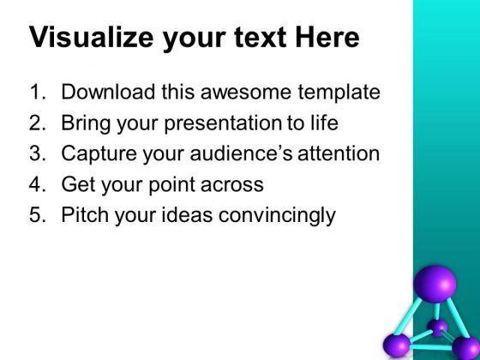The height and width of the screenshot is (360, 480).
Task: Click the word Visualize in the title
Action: tap(91, 37)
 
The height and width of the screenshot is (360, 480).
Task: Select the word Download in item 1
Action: tap(108, 92)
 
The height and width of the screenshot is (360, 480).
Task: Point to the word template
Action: tap(339, 93)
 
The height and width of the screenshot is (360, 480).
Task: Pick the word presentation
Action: tap(223, 123)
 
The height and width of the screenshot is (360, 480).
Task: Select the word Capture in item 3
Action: tap(99, 154)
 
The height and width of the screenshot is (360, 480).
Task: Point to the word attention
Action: tap(339, 153)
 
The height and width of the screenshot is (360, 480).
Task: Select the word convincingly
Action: tap(277, 215)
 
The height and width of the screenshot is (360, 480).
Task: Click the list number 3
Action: tap(35, 153)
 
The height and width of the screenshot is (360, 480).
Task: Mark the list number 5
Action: tap(35, 214)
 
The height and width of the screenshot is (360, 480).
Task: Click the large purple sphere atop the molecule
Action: tap(435, 284)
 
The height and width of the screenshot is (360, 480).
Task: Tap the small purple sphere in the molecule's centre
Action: tap(437, 327)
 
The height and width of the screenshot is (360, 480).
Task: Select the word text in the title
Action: tap(261, 37)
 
